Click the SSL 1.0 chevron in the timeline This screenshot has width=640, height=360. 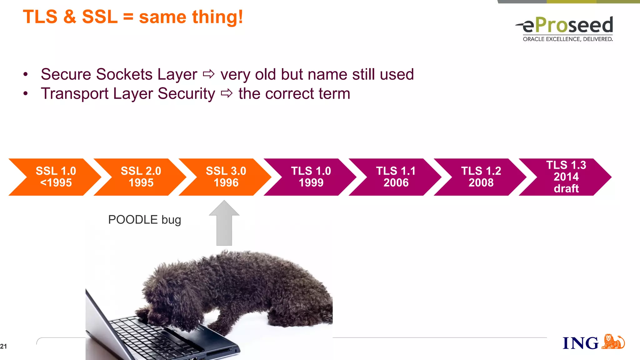[x=56, y=177]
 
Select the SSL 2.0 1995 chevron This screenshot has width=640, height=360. [x=141, y=177]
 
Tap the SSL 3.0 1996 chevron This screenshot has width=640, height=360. [x=226, y=177]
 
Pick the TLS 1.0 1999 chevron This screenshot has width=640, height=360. [x=311, y=177]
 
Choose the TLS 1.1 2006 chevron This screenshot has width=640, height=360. [x=396, y=177]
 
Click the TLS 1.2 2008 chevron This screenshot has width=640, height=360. [x=481, y=177]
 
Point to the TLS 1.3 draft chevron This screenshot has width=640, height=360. [x=566, y=177]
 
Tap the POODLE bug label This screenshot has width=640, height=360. [x=144, y=220]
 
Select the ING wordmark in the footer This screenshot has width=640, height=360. [x=580, y=343]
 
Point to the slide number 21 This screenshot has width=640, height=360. [x=3, y=346]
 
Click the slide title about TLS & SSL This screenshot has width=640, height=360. [x=133, y=17]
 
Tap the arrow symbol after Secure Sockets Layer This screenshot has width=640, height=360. [x=209, y=74]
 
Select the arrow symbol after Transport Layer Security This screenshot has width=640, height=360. [x=227, y=93]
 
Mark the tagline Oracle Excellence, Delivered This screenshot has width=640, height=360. [x=567, y=39]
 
